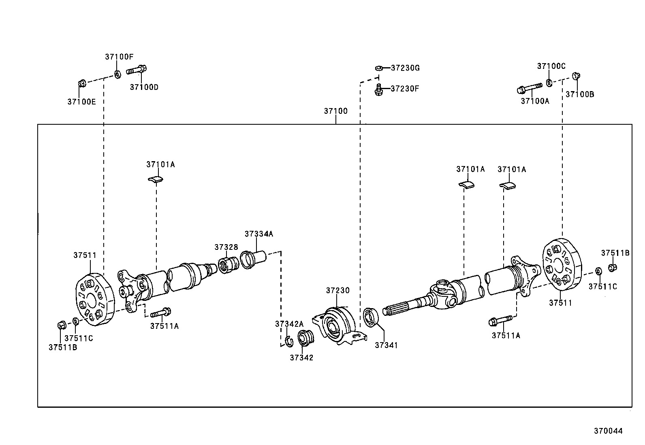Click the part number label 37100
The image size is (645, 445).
[335, 111]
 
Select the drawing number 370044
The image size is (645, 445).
[608, 431]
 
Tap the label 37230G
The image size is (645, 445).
[405, 68]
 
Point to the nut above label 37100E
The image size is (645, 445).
[81, 84]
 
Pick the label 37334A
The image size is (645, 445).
[259, 234]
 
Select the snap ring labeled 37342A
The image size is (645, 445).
[289, 341]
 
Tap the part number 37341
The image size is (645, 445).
[386, 345]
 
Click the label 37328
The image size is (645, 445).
[226, 247]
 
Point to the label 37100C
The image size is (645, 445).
[551, 66]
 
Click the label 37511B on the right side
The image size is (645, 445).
[615, 253]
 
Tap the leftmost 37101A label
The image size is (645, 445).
[160, 164]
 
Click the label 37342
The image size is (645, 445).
[301, 358]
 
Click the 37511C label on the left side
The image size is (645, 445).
[79, 339]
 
